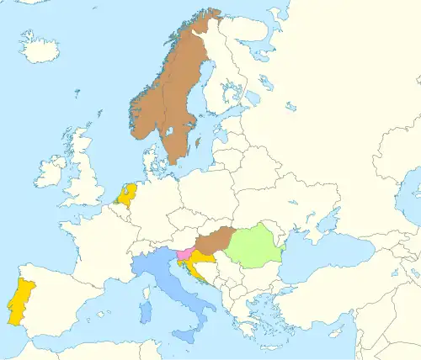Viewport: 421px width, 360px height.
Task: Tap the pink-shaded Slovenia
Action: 183,253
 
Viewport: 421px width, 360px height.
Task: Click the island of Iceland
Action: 40,50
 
